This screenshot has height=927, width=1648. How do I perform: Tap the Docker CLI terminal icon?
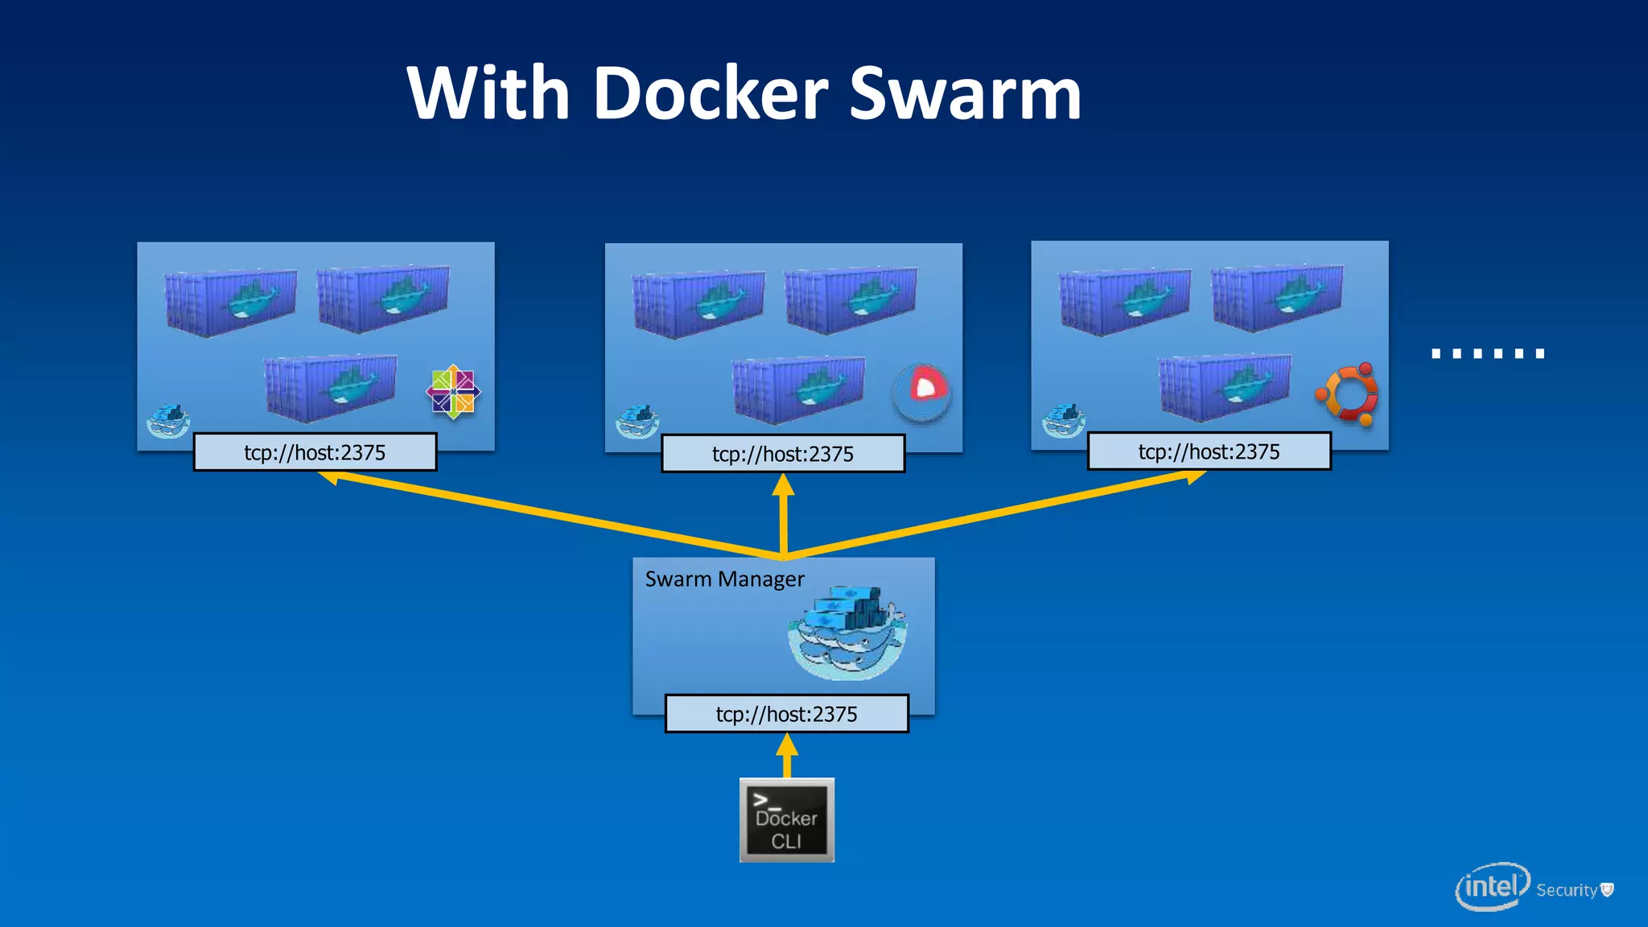[x=786, y=820]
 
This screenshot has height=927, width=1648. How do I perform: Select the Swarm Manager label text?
[x=724, y=579]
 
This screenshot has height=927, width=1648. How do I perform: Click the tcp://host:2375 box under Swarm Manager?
[x=786, y=714]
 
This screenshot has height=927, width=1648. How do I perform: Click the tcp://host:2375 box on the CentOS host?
[x=315, y=452]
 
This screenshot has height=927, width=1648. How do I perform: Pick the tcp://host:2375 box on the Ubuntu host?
[x=1209, y=451]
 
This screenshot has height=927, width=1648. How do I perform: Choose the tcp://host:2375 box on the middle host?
[x=782, y=454]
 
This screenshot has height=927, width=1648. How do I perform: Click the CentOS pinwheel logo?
[x=453, y=392]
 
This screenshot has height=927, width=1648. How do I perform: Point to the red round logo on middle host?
[x=922, y=391]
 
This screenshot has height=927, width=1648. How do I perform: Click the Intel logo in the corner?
[x=1492, y=887]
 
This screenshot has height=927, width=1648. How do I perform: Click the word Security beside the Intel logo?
[x=1566, y=890]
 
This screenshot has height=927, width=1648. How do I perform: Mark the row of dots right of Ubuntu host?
[x=1488, y=353]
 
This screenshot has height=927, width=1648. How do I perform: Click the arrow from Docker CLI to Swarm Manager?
[x=787, y=756]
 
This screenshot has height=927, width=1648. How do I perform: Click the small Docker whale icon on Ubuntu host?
[x=1063, y=421]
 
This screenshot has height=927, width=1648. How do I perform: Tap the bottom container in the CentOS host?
[x=331, y=388]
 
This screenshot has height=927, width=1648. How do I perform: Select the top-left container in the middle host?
[x=698, y=303]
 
